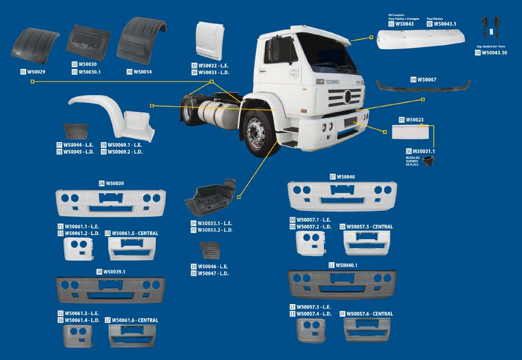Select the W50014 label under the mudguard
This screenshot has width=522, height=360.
tap(142, 72)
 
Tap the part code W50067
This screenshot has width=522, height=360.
tap(426, 79)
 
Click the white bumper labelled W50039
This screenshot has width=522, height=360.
tap(110, 202)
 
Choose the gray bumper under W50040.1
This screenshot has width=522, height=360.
tap(342, 284)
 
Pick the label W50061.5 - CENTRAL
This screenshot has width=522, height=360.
tap(135, 233)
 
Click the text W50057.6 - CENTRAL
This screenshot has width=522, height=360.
tap(369, 314)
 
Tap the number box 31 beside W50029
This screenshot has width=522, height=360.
tap(23, 72)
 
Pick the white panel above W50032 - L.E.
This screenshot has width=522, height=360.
tap(210, 40)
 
